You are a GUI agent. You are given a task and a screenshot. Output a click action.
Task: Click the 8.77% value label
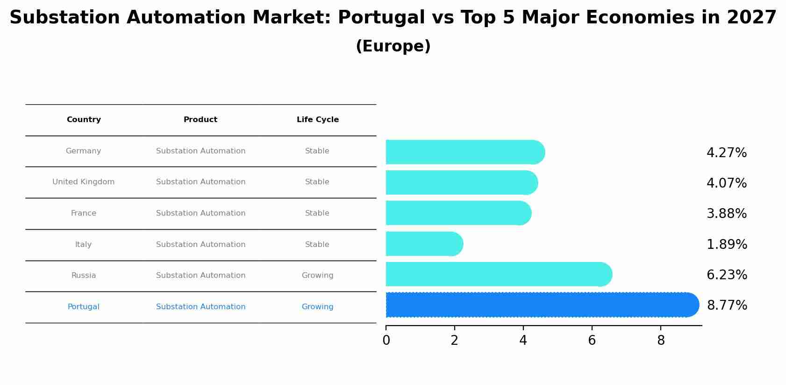[x=727, y=305]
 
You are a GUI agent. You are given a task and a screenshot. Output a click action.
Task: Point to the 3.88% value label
[x=726, y=214]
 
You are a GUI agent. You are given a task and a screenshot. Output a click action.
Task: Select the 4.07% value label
[x=726, y=183]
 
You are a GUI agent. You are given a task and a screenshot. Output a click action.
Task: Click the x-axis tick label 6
[x=592, y=341]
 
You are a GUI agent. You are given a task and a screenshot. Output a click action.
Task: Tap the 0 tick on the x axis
[x=386, y=341]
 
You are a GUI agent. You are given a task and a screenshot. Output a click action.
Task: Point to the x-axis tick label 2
[x=454, y=341]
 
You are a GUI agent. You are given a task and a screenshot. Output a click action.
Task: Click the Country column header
[x=84, y=120]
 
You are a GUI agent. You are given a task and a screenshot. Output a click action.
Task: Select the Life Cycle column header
[x=317, y=120]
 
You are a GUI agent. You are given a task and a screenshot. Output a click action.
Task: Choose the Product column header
[x=200, y=120]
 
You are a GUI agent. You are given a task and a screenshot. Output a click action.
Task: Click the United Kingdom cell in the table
[x=84, y=182]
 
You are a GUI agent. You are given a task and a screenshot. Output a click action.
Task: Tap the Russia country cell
[x=84, y=276]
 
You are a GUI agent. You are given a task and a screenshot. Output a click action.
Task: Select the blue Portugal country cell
[x=84, y=307]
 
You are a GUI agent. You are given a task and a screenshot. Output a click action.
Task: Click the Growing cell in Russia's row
[x=317, y=276]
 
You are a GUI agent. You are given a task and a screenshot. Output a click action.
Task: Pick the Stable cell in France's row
[x=317, y=213]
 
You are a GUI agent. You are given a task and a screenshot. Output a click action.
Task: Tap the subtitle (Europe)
[x=393, y=46]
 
